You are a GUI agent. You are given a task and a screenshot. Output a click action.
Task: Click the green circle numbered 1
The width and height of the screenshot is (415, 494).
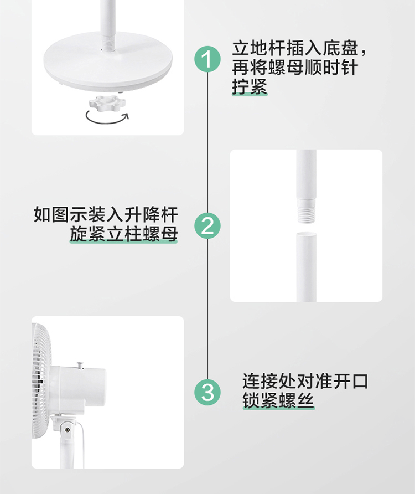pyautogui.click(x=207, y=59)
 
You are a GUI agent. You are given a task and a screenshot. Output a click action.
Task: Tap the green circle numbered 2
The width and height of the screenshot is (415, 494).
pyautogui.click(x=207, y=225)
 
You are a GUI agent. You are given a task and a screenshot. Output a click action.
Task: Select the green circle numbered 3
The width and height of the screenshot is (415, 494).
pyautogui.click(x=207, y=392)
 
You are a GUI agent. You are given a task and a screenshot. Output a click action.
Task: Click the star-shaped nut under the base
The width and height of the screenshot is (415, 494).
pyautogui.click(x=107, y=103)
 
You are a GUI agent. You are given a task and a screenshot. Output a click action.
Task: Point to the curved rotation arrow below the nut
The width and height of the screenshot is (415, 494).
pyautogui.click(x=107, y=122)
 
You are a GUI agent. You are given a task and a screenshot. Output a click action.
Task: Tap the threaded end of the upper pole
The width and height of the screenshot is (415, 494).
pyautogui.click(x=306, y=212)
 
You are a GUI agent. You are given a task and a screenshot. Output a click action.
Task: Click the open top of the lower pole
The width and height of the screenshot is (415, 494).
pyautogui.click(x=307, y=234)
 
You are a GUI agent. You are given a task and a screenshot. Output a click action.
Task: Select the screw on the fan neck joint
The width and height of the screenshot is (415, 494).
pyautogui.click(x=67, y=430)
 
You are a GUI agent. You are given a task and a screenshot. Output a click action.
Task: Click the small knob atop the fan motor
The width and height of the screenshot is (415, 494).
pyautogui.click(x=80, y=365)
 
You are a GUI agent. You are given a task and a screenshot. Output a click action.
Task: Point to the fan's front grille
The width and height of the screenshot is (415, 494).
pyautogui.click(x=42, y=381)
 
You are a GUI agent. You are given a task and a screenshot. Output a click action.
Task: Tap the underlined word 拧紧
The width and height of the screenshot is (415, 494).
pyautogui.click(x=250, y=86)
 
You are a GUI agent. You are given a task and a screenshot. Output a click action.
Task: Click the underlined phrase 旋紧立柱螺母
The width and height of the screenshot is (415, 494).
pyautogui.click(x=123, y=234)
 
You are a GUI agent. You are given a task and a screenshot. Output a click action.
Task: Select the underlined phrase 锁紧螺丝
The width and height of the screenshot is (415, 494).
pyautogui.click(x=278, y=400)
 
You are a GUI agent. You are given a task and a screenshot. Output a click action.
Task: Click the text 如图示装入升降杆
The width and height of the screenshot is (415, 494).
pyautogui.click(x=106, y=214)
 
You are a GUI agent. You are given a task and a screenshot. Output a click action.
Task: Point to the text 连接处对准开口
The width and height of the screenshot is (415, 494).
pyautogui.click(x=305, y=381)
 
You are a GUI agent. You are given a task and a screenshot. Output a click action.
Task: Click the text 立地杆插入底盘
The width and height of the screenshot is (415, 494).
pyautogui.click(x=295, y=48)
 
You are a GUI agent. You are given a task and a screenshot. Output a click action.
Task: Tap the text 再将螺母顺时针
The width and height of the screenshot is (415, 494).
pyautogui.click(x=295, y=67)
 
